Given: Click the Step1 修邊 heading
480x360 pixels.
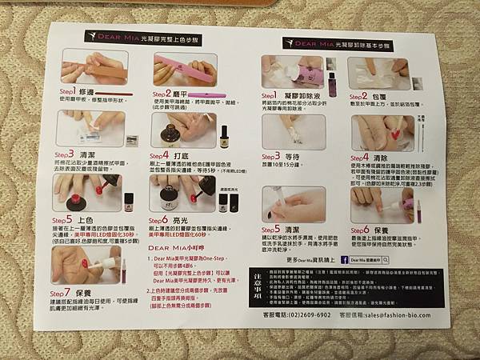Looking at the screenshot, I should (x=79, y=92).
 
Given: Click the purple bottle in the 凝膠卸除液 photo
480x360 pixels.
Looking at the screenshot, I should (x=332, y=82).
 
